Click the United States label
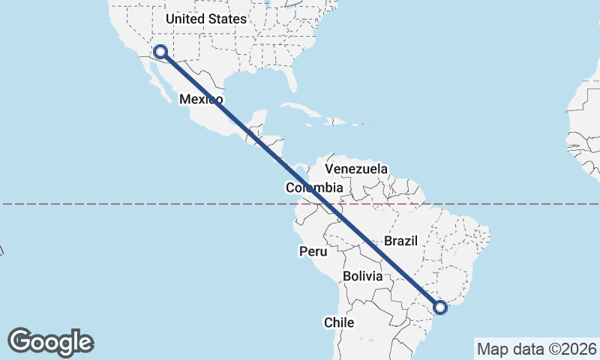point(205,19)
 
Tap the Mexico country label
point(200,99)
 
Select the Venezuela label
point(356,169)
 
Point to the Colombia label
point(314,187)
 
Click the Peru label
point(313,251)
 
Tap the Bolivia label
point(363,276)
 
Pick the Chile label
point(338,322)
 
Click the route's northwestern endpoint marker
point(160,52)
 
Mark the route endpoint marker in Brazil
point(440,306)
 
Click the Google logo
point(50,341)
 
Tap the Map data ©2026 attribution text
point(536,349)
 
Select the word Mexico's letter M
point(184,99)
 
